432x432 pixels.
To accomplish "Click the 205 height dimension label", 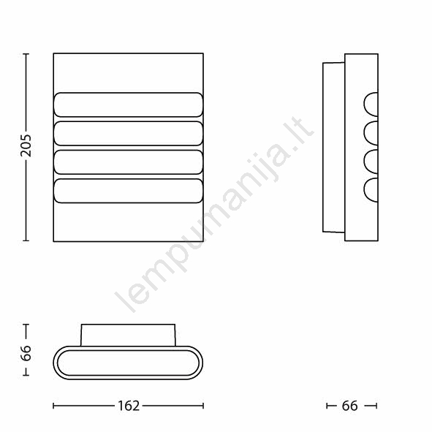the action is click(x=26, y=145).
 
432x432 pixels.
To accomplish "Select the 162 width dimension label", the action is click(x=129, y=406).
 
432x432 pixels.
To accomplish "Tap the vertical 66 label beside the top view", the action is click(x=26, y=352).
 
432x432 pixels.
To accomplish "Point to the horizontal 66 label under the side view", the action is click(x=349, y=406).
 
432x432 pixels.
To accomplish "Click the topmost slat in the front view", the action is click(x=129, y=105).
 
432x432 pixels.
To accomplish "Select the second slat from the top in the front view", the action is click(x=129, y=133).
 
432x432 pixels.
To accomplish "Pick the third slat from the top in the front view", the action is click(x=129, y=162).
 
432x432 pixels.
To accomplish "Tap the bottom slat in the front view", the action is click(x=129, y=191).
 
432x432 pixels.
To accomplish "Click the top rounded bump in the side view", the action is click(x=371, y=105).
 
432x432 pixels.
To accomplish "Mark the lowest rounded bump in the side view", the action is click(x=371, y=190).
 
